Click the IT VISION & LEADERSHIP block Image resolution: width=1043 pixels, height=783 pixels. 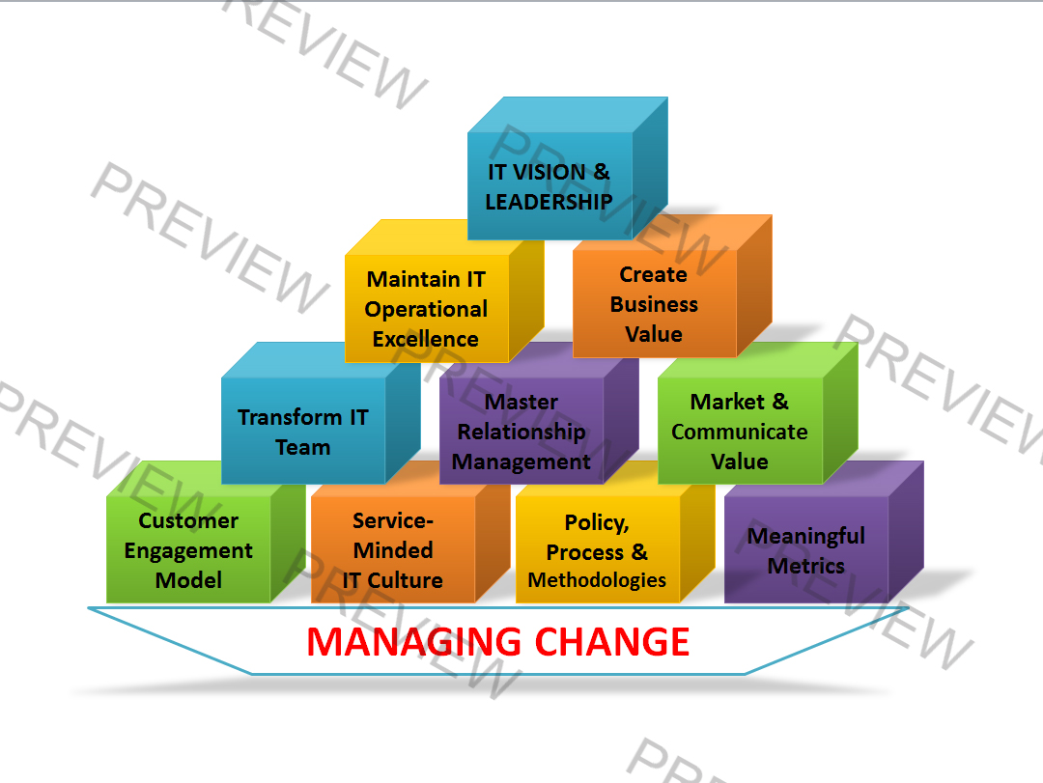[550, 186]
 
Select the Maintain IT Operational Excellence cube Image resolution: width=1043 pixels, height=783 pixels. [426, 308]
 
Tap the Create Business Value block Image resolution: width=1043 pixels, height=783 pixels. [654, 304]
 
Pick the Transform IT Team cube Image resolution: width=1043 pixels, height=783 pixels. [303, 432]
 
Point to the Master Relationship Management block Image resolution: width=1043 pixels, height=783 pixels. [521, 432]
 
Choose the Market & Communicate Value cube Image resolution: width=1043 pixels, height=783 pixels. [740, 432]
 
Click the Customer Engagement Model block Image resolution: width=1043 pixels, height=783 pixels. [188, 550]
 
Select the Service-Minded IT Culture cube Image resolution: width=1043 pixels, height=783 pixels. [393, 550]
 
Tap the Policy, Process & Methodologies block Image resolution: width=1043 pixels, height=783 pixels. [598, 550]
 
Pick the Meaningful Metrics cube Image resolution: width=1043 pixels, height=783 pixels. [805, 550]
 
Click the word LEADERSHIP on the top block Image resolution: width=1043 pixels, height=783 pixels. [550, 202]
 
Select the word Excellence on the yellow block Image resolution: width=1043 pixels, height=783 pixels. [426, 339]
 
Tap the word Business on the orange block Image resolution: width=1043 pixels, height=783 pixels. [654, 304]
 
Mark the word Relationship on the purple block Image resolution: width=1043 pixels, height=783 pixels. [521, 432]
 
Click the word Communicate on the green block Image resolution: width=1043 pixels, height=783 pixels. [740, 432]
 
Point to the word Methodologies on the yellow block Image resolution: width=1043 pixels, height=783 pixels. [598, 580]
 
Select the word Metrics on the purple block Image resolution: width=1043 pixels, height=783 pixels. [805, 566]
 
